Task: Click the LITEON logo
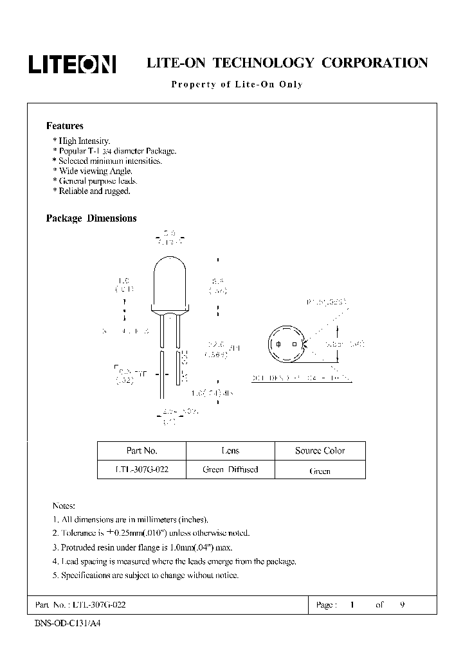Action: pyautogui.click(x=71, y=64)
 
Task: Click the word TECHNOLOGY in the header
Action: pyautogui.click(x=264, y=63)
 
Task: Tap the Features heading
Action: pyautogui.click(x=64, y=126)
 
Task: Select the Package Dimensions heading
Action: pyautogui.click(x=91, y=218)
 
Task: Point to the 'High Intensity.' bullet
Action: pyautogui.click(x=82, y=141)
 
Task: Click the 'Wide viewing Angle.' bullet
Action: pyautogui.click(x=93, y=171)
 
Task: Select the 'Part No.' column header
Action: pyautogui.click(x=141, y=451)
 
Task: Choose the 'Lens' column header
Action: pyautogui.click(x=230, y=451)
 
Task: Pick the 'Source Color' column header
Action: pyautogui.click(x=320, y=451)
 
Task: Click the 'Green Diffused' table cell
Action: pyautogui.click(x=230, y=470)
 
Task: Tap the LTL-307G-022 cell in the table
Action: pyautogui.click(x=141, y=470)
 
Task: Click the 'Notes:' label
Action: pyautogui.click(x=64, y=506)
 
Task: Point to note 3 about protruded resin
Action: pyautogui.click(x=141, y=547)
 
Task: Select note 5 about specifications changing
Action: pyautogui.click(x=145, y=575)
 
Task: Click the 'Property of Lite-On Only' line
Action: pyautogui.click(x=236, y=84)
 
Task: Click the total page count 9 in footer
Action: pyautogui.click(x=402, y=605)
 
